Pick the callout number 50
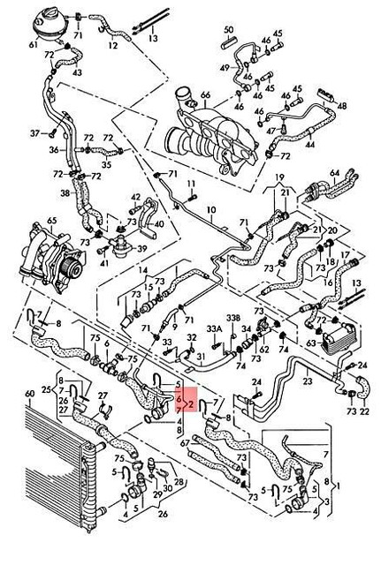pyautogui.click(x=228, y=30)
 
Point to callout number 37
pyautogui.click(x=35, y=133)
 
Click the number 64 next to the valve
pyautogui.click(x=334, y=172)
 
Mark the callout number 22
pyautogui.click(x=364, y=412)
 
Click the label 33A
pyautogui.click(x=213, y=329)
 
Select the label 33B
pyautogui.click(x=232, y=319)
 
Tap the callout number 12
pyautogui.click(x=112, y=45)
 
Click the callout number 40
pyautogui.click(x=157, y=225)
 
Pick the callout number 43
pyautogui.click(x=77, y=71)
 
